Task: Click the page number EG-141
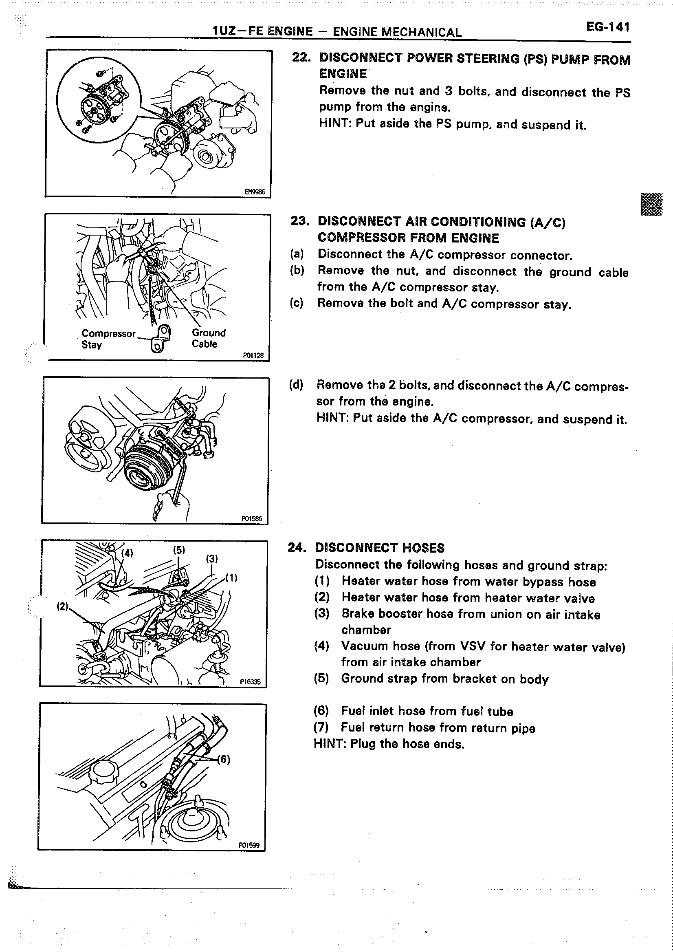click(x=607, y=27)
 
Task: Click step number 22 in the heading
click(x=301, y=57)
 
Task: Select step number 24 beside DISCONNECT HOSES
click(x=297, y=547)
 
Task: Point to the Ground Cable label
click(x=209, y=338)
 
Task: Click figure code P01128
click(x=253, y=355)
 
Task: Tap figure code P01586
click(x=251, y=518)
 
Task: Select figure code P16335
click(x=250, y=682)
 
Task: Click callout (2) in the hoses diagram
click(x=62, y=606)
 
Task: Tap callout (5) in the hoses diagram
click(x=178, y=550)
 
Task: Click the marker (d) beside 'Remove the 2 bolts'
click(x=296, y=384)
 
